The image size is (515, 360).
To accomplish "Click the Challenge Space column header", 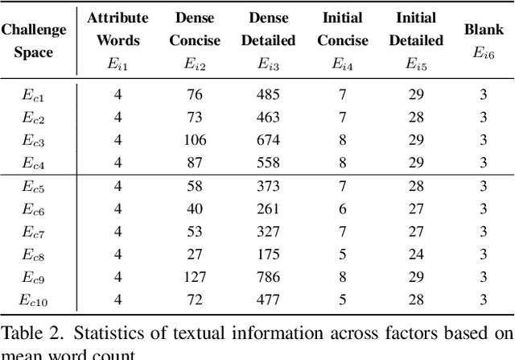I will point(34,40).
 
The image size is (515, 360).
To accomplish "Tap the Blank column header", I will point(484,30).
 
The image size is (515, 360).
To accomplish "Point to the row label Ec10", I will point(33,301).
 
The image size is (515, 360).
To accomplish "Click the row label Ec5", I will point(33,185).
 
